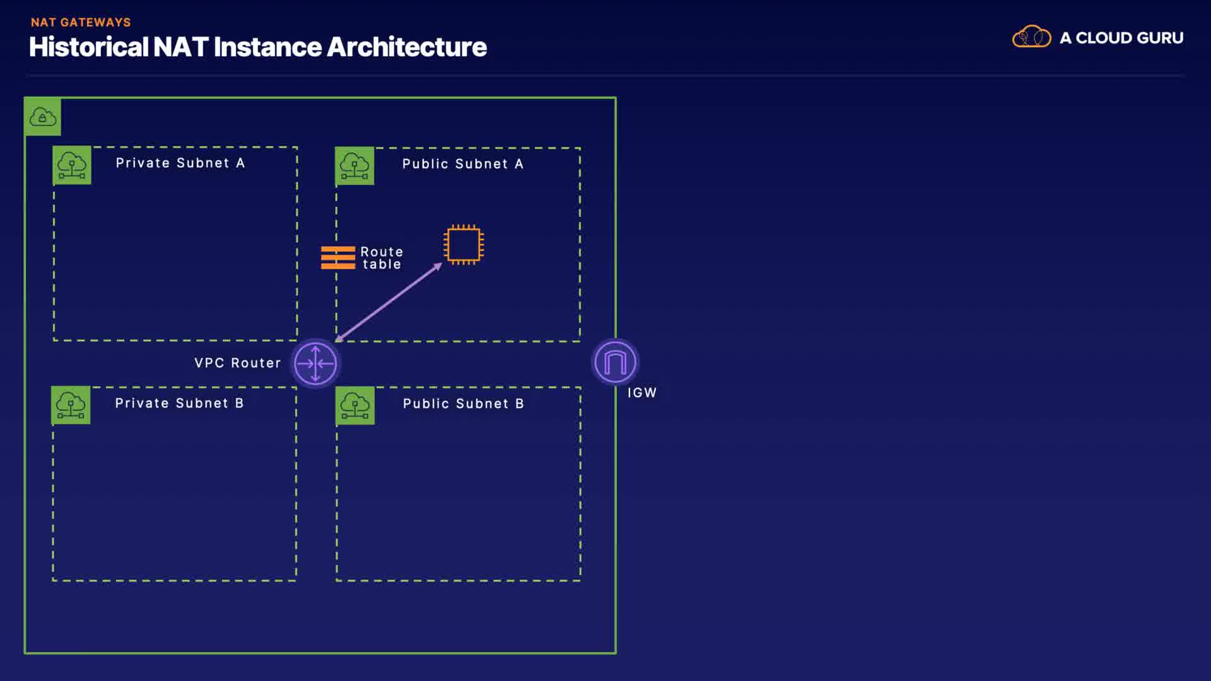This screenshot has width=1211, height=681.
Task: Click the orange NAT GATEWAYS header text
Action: pyautogui.click(x=81, y=22)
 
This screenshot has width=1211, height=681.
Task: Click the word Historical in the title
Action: pyautogui.click(x=88, y=47)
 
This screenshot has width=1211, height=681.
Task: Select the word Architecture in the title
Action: pyautogui.click(x=406, y=47)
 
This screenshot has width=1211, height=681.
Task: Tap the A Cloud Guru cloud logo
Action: pyautogui.click(x=1031, y=37)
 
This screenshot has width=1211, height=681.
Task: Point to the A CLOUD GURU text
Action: pyautogui.click(x=1121, y=38)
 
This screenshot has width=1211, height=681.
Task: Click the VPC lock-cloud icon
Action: pyautogui.click(x=43, y=117)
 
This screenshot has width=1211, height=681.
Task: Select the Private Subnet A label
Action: pyautogui.click(x=180, y=163)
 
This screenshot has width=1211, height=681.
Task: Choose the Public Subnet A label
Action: pyautogui.click(x=462, y=164)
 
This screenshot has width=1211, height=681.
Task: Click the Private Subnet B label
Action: pyautogui.click(x=179, y=403)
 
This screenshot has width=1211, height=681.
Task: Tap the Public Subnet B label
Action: pyautogui.click(x=463, y=404)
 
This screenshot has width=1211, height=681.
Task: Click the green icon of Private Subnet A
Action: pyautogui.click(x=72, y=165)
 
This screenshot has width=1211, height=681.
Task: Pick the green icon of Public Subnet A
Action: pyautogui.click(x=354, y=166)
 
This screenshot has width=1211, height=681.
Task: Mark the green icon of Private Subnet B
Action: pyautogui.click(x=71, y=405)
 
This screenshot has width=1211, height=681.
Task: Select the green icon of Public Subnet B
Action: pyautogui.click(x=355, y=405)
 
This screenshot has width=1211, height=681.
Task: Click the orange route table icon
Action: pyautogui.click(x=338, y=258)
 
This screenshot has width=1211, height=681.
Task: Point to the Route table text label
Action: pyautogui.click(x=382, y=258)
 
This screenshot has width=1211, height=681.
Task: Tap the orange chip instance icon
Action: pyautogui.click(x=464, y=245)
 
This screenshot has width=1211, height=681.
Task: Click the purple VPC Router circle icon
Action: pyautogui.click(x=315, y=363)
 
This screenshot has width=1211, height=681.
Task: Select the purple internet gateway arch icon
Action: pyautogui.click(x=615, y=362)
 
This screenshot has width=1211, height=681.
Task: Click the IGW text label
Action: pyautogui.click(x=641, y=392)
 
